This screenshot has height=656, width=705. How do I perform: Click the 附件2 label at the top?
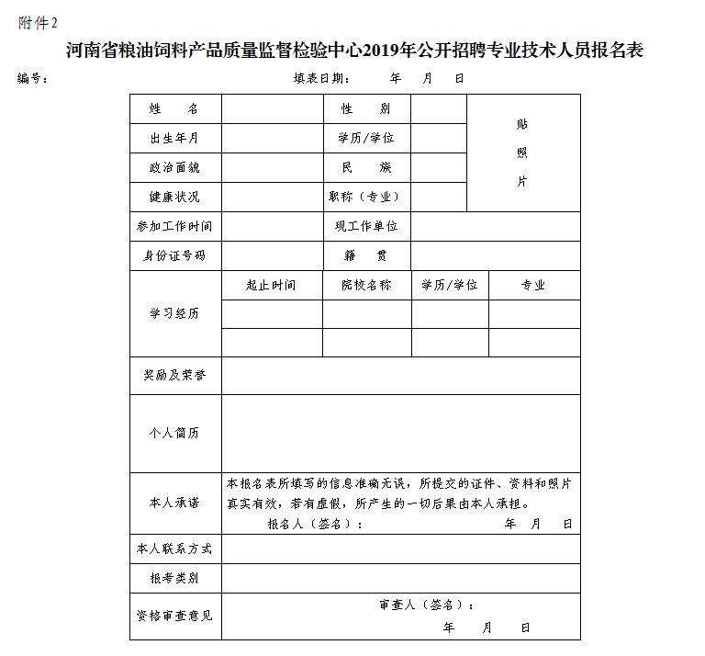(38, 23)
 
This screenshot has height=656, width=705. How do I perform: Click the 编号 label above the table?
(33, 78)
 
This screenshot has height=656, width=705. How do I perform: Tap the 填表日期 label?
(321, 78)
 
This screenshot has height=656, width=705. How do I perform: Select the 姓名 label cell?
(174, 108)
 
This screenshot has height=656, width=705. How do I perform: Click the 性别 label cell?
(365, 108)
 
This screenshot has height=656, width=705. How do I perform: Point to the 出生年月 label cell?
(174, 138)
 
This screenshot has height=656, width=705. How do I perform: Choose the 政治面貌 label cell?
(174, 167)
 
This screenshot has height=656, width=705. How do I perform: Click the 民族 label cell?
(365, 167)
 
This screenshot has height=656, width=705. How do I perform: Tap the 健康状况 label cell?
(174, 197)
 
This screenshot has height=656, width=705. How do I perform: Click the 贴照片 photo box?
(523, 153)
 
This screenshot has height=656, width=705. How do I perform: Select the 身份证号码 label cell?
(174, 255)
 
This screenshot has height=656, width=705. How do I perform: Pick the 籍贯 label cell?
(365, 255)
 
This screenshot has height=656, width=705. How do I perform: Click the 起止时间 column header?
(271, 285)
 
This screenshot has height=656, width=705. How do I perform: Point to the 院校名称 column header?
(365, 285)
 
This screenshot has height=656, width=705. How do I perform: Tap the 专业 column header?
(533, 285)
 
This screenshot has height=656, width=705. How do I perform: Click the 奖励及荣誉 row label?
(174, 375)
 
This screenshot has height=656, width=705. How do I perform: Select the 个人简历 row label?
(174, 433)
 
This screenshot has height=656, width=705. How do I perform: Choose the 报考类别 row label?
(174, 578)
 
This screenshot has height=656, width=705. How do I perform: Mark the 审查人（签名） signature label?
(427, 605)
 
